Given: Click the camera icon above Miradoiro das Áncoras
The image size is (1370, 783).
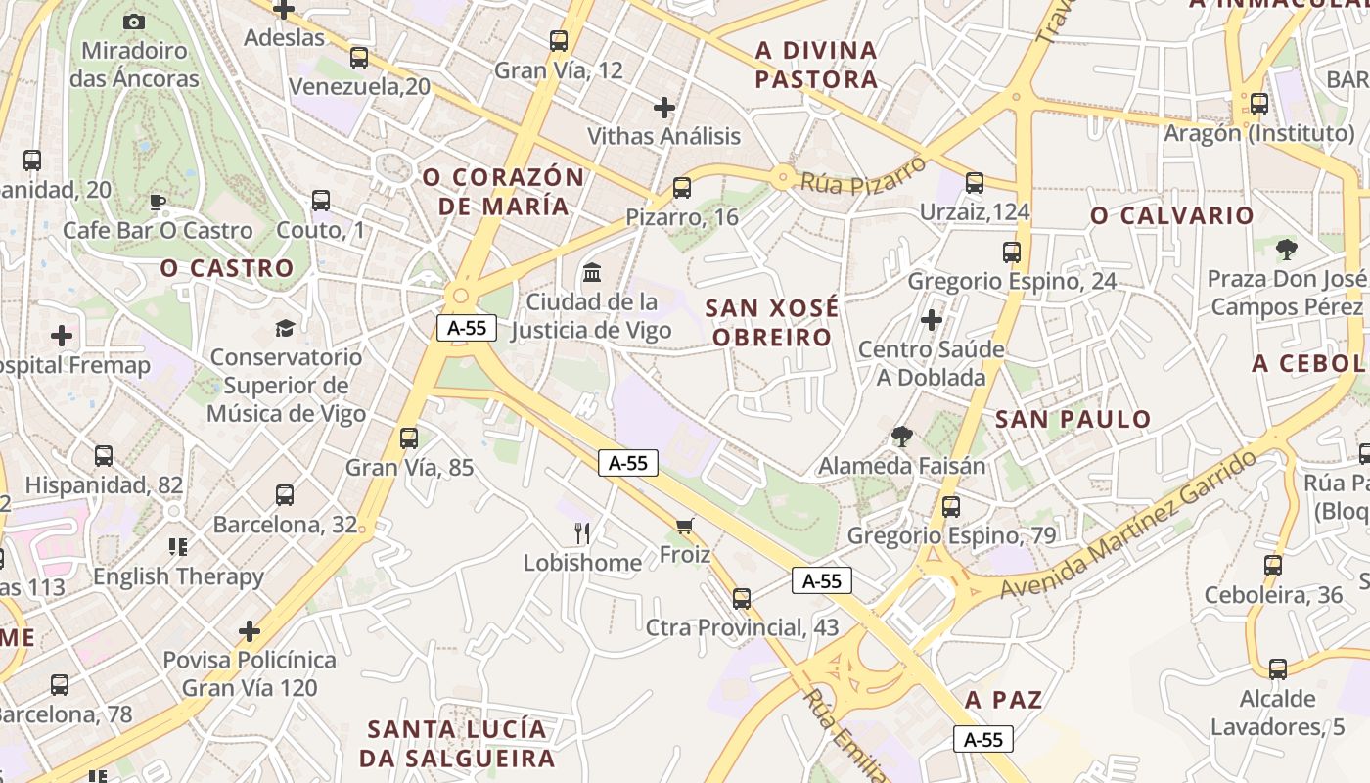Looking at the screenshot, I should tap(134, 22).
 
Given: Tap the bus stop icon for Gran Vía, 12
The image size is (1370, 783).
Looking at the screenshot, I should tap(559, 41).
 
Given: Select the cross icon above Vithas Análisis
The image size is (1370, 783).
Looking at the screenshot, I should tap(664, 107).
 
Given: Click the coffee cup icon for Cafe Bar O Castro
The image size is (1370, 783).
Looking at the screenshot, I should tap(157, 203).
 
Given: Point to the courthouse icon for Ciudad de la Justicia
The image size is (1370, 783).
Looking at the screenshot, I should tap(592, 272).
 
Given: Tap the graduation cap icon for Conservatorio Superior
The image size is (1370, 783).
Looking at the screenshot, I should tap(285, 328).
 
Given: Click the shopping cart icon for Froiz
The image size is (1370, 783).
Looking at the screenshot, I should tap(685, 527).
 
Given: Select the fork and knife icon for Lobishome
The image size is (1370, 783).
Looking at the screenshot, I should tap(582, 533).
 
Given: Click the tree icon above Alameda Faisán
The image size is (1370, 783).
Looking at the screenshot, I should tap(901, 437).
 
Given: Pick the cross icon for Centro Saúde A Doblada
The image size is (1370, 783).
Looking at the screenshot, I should tap(932, 320).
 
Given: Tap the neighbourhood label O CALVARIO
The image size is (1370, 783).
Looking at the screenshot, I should tap(1172, 215).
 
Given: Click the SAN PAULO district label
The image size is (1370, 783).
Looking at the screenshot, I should tap(1073, 420).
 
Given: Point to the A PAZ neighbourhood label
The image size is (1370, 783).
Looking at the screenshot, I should tap(1003, 700).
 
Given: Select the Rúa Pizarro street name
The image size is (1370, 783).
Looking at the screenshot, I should tap(863, 175).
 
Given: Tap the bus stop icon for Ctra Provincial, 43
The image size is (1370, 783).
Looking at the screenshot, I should tap(742, 598).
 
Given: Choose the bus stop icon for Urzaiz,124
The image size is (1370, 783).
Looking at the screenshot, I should tap(975, 183).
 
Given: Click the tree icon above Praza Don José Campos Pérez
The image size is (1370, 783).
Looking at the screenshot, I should tap(1286, 250).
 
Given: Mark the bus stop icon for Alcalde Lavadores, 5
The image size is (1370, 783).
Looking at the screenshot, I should tap(1278, 669).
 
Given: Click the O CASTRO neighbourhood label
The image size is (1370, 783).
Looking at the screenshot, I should tap(227, 268).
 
